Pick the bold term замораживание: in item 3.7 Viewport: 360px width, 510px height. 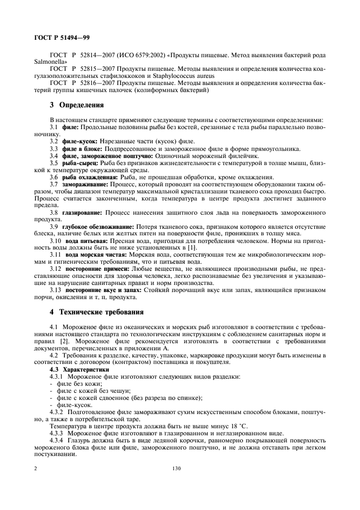86,184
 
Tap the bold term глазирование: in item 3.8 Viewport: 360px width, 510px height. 83,211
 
